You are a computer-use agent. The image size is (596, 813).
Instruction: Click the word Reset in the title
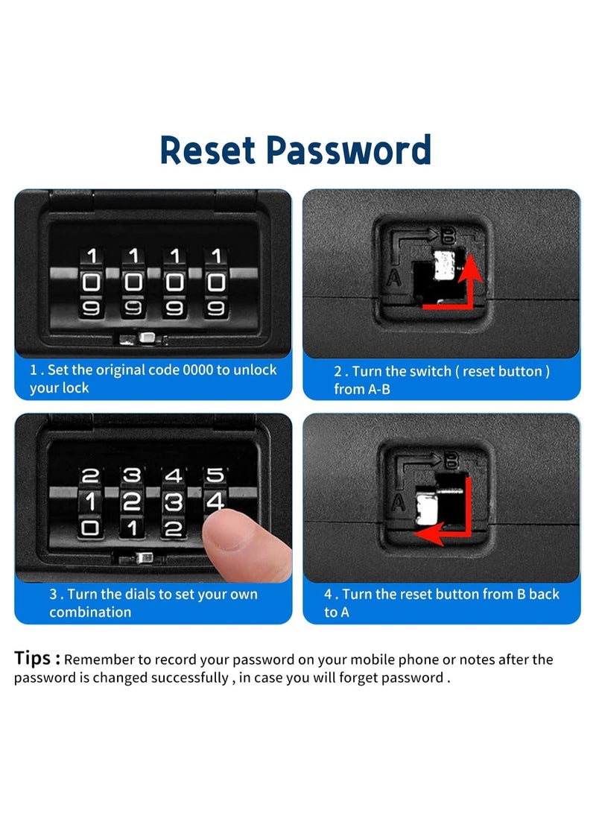[209, 151]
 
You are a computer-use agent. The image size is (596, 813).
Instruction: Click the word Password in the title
[349, 151]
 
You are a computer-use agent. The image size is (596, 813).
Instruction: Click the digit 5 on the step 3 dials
[215, 475]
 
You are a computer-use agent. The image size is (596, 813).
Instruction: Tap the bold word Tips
[37, 658]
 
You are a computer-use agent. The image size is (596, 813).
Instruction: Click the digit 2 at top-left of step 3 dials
[90, 475]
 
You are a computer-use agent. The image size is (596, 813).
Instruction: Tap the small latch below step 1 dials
[146, 340]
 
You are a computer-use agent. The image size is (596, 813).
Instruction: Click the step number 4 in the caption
[327, 595]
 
